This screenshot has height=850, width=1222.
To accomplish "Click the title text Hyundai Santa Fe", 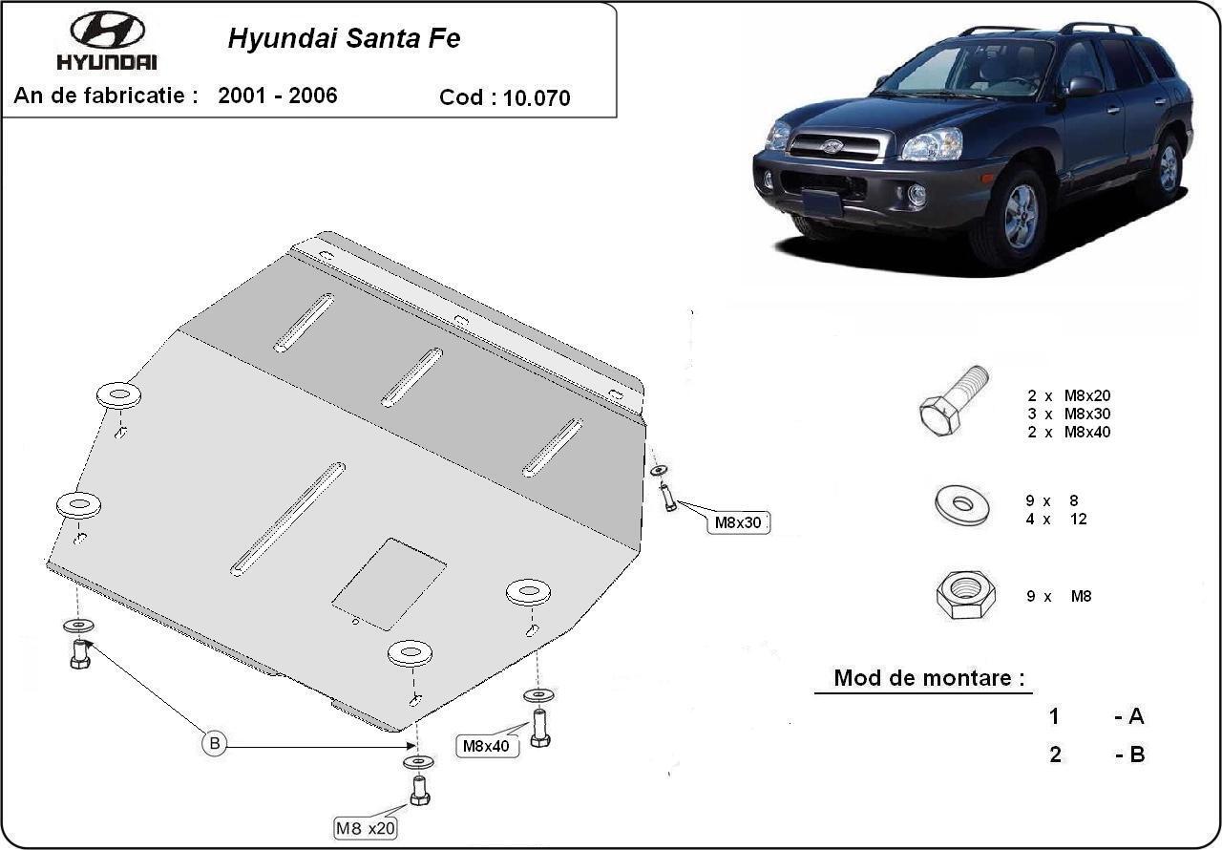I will click(344, 38).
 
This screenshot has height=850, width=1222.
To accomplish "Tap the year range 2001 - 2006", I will click(278, 96).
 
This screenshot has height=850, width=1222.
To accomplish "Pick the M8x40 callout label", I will click(486, 746).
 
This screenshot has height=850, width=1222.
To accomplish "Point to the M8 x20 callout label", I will click(365, 828).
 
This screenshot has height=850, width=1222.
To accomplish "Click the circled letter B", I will click(215, 743).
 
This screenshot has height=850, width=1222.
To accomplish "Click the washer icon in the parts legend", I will click(961, 503).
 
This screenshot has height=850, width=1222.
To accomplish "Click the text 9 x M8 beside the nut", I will click(1058, 596).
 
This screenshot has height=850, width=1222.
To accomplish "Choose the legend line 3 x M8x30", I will click(1068, 414).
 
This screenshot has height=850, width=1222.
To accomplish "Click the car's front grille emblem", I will click(832, 146).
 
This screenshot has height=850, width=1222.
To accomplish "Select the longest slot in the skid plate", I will click(287, 519).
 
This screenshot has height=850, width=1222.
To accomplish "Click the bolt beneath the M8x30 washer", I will click(668, 497).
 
